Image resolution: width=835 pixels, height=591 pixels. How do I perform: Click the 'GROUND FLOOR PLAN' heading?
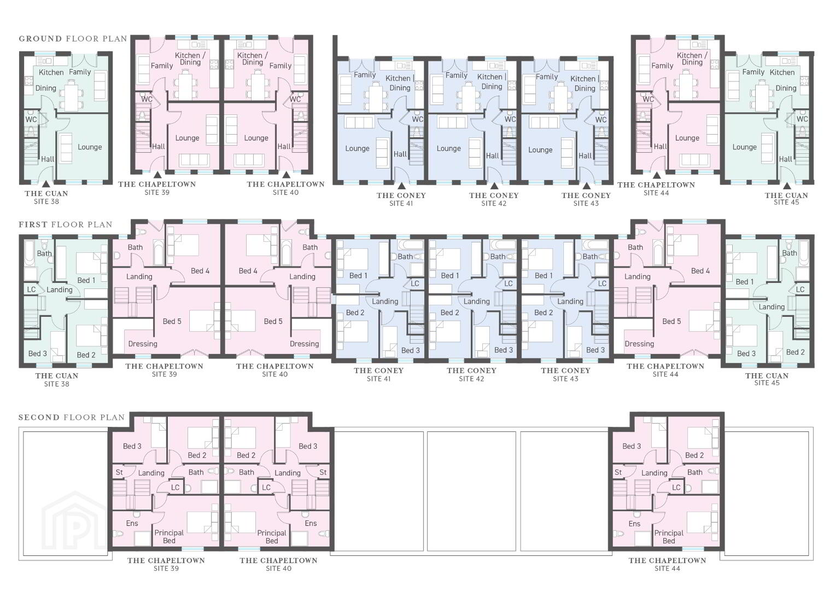coord(73,39)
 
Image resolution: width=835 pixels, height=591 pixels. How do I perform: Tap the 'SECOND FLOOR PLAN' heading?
coord(72,418)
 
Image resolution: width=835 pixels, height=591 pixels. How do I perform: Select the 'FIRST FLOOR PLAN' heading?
coord(66,224)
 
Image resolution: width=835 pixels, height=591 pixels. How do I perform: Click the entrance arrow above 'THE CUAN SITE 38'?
coord(46,183)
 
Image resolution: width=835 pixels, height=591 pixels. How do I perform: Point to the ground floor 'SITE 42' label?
coord(494,204)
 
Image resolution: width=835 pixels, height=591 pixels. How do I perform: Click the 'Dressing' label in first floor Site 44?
coord(639,344)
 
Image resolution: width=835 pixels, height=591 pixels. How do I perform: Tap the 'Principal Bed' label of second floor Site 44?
coord(669,536)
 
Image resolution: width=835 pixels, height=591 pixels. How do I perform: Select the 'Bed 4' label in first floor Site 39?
coord(200,271)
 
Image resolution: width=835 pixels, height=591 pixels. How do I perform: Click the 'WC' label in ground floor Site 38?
coord(31,119)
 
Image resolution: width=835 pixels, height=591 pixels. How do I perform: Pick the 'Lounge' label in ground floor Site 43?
coord(540,150)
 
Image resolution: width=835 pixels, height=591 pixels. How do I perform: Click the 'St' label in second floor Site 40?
coord(323,472)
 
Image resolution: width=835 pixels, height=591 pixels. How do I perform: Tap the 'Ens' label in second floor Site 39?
coord(132,523)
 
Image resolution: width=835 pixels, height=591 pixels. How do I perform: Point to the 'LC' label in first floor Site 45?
coord(801,289)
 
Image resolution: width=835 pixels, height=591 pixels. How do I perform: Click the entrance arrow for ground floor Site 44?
coord(656,175)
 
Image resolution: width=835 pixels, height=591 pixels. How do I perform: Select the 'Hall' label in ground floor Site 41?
coord(400,154)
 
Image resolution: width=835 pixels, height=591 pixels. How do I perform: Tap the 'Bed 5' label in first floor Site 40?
coord(273,321)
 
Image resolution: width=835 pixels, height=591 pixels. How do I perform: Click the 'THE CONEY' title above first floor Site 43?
coord(565,370)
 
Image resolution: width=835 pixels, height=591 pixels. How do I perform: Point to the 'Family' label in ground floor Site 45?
coord(754,72)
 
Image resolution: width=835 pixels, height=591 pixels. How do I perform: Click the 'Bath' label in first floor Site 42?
coord(498,257)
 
